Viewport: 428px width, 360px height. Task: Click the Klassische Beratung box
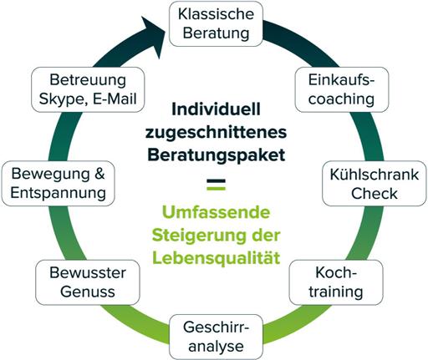[x=216, y=24]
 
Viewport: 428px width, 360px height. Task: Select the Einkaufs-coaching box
[x=342, y=89]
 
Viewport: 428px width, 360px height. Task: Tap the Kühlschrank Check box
[x=374, y=184]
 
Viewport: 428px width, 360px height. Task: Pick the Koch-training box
[x=336, y=282]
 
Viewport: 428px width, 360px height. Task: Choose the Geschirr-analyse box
[x=216, y=337]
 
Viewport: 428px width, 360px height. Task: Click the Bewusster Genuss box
[x=88, y=282]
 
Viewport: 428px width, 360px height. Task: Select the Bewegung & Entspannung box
[x=58, y=184]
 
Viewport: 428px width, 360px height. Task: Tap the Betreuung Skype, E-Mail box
[x=88, y=89]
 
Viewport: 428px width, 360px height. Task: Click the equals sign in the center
[x=216, y=185]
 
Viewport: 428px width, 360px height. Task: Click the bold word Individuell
[x=216, y=109]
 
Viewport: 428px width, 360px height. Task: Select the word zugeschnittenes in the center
[x=216, y=132]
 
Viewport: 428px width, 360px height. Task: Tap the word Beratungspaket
[x=216, y=155]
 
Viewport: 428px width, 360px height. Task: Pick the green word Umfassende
[x=216, y=212]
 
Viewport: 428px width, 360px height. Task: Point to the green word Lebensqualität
[x=216, y=258]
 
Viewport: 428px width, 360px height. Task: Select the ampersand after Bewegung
[x=99, y=174]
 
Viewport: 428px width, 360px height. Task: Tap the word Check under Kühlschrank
[x=374, y=193]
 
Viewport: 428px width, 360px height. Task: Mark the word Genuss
[x=88, y=292]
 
